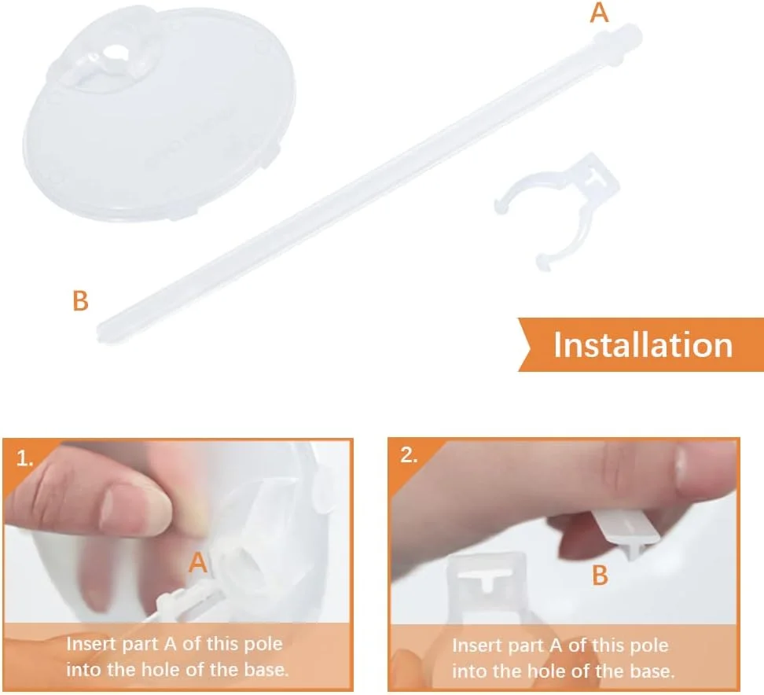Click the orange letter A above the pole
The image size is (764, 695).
[x=599, y=13]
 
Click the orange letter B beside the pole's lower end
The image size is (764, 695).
[x=80, y=300]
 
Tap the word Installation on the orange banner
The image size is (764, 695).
[x=643, y=345]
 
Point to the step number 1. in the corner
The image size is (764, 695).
[x=25, y=458]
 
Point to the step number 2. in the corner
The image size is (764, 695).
[x=409, y=454]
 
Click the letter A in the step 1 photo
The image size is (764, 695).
[x=198, y=563]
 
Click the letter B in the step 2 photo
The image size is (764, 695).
[x=600, y=575]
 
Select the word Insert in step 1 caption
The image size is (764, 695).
[x=91, y=644]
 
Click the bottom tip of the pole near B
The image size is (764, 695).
[x=101, y=333]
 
